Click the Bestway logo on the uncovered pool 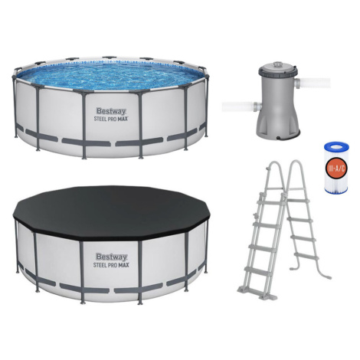pos(111,111)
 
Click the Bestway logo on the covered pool pos(111,257)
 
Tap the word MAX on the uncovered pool pos(123,119)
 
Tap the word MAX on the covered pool pos(123,265)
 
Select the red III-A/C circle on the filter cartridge pos(336,168)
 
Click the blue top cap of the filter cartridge pos(336,146)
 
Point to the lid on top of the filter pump pos(277,67)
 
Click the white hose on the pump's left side pos(241,106)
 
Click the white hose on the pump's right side pos(313,83)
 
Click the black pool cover pos(111,211)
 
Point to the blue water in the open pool pos(110,75)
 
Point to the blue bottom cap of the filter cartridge pos(336,190)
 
